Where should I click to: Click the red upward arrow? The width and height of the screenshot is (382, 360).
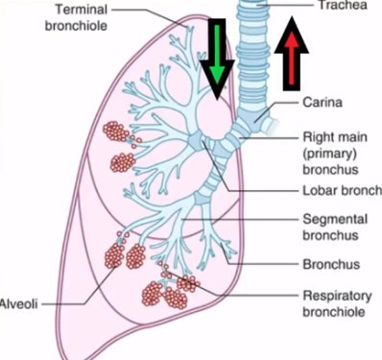[292, 54]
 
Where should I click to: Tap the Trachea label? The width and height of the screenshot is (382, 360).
[343, 5]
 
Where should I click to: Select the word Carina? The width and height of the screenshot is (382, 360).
[322, 103]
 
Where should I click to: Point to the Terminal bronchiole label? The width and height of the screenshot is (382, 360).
[76, 17]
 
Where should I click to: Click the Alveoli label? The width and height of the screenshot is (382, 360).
[19, 303]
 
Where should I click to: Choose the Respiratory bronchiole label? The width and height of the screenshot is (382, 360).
[337, 303]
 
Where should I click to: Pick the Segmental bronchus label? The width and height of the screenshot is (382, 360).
[335, 228]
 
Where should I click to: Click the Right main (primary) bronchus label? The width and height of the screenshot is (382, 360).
[335, 154]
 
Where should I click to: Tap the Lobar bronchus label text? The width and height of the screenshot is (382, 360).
[342, 191]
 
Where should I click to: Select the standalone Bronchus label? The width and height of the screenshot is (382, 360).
[331, 264]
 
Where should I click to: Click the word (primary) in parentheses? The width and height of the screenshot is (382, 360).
[329, 154]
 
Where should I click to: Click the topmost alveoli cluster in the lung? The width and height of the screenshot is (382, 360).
[116, 132]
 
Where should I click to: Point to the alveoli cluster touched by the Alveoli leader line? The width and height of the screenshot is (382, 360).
[114, 255]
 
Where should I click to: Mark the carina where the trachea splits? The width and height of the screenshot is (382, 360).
[256, 121]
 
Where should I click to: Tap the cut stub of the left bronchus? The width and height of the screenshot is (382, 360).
[271, 126]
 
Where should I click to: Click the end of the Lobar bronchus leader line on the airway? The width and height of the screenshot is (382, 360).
[203, 142]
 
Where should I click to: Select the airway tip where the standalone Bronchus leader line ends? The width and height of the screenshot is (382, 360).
[221, 244]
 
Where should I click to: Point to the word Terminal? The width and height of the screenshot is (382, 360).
[82, 10]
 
